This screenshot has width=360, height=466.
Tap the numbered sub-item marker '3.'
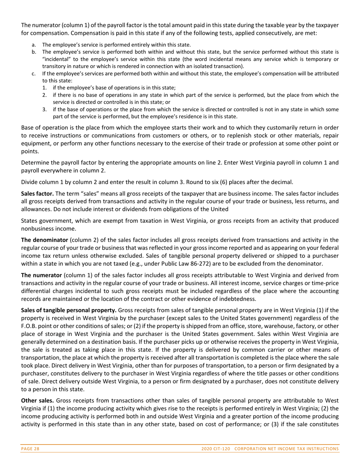coord(45,109)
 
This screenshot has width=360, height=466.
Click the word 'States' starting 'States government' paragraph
coord(29,220)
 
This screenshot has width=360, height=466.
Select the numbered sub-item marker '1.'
coord(45,88)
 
